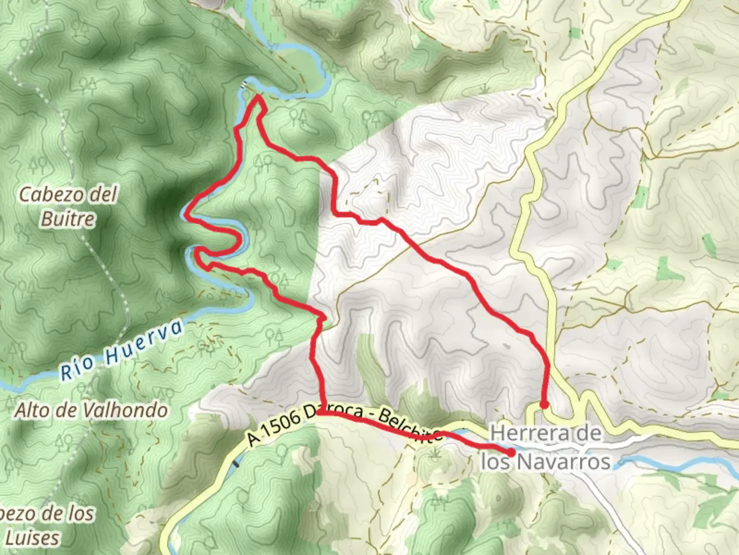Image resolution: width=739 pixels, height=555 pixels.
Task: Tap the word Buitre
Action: [68, 219]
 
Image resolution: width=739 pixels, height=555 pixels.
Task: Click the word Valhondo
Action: [125, 410]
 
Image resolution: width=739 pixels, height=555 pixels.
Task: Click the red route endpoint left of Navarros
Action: [512, 452]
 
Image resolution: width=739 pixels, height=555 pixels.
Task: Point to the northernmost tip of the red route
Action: [257, 96]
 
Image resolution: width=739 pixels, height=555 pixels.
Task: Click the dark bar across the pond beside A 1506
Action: [236, 464]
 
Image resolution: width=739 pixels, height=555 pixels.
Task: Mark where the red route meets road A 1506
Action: [320, 412]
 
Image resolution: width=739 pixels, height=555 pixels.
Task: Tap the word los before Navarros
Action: [495, 461]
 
